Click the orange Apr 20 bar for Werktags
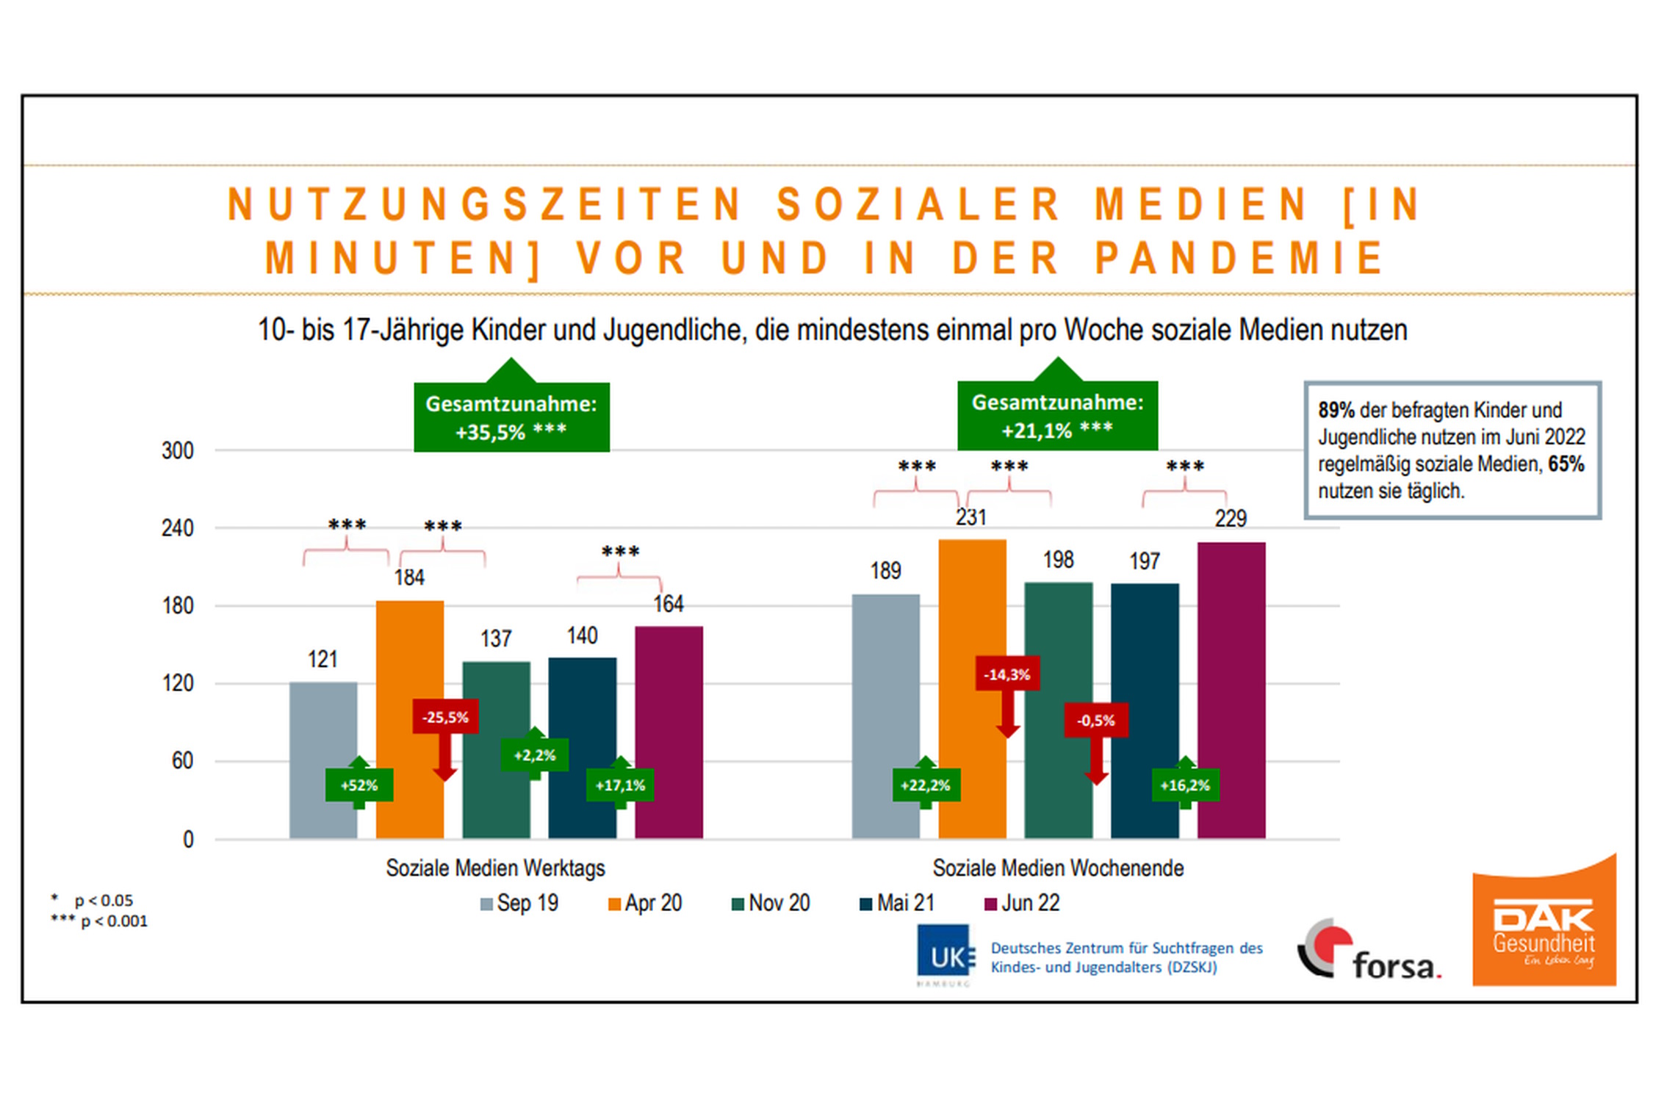(409, 661)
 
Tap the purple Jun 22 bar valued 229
(1231, 661)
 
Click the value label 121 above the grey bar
(323, 660)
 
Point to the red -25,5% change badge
(445, 717)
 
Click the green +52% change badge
(359, 785)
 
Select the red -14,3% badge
(1007, 674)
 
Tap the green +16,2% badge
(1185, 785)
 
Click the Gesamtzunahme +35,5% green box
(511, 417)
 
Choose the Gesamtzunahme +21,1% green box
(1057, 416)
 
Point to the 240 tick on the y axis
(178, 528)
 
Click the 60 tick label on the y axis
(182, 761)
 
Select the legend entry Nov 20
(771, 903)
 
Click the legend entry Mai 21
(897, 903)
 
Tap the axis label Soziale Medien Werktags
(495, 868)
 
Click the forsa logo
(1369, 951)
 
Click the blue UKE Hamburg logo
(945, 955)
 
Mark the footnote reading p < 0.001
(100, 921)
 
